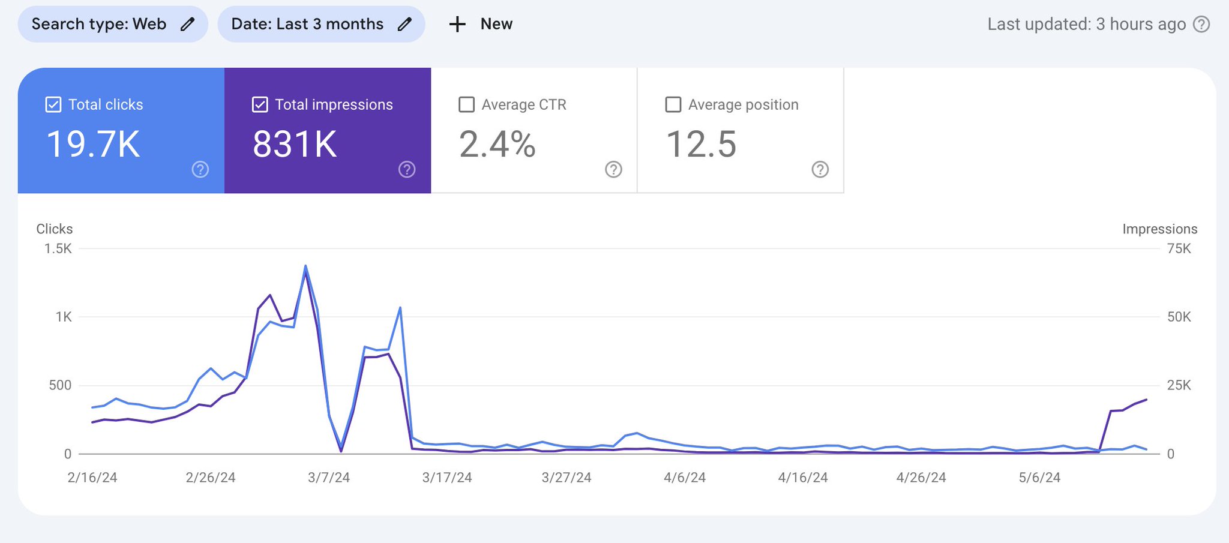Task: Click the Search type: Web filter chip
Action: point(112,24)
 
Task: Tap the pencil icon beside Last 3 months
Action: point(405,24)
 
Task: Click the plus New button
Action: point(481,24)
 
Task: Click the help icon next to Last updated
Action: point(1201,24)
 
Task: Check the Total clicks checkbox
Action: point(53,104)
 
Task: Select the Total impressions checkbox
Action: point(260,104)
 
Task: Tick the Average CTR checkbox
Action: point(466,104)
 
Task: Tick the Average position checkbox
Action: point(673,104)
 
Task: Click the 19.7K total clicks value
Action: point(93,145)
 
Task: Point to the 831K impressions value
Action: point(295,145)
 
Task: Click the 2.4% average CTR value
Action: point(497,145)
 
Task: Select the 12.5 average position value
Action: point(701,145)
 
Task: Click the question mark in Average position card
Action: point(820,169)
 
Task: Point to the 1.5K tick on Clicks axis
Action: point(58,248)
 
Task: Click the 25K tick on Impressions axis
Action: point(1179,385)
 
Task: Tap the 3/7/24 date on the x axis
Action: point(328,478)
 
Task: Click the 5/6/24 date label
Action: point(1039,478)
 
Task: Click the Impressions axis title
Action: point(1159,229)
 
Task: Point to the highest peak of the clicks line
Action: point(305,266)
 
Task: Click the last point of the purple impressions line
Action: point(1146,400)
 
